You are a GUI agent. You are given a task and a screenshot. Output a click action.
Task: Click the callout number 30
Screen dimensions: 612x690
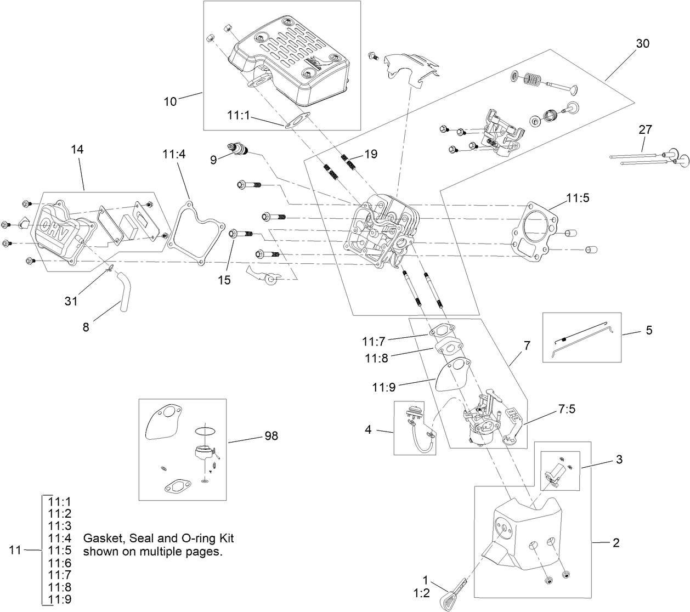(642, 43)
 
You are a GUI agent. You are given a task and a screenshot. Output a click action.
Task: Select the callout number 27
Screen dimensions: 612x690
(645, 129)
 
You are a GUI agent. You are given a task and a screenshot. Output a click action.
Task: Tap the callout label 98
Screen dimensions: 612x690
(271, 436)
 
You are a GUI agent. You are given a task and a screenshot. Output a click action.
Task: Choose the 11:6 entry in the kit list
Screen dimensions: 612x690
(60, 563)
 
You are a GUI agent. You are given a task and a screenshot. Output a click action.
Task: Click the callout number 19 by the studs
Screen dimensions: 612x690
(371, 154)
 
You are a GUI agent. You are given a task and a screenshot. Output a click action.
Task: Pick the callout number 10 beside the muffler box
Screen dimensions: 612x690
(171, 101)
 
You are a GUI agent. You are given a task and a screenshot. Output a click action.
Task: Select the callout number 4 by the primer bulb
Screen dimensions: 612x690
(368, 429)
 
